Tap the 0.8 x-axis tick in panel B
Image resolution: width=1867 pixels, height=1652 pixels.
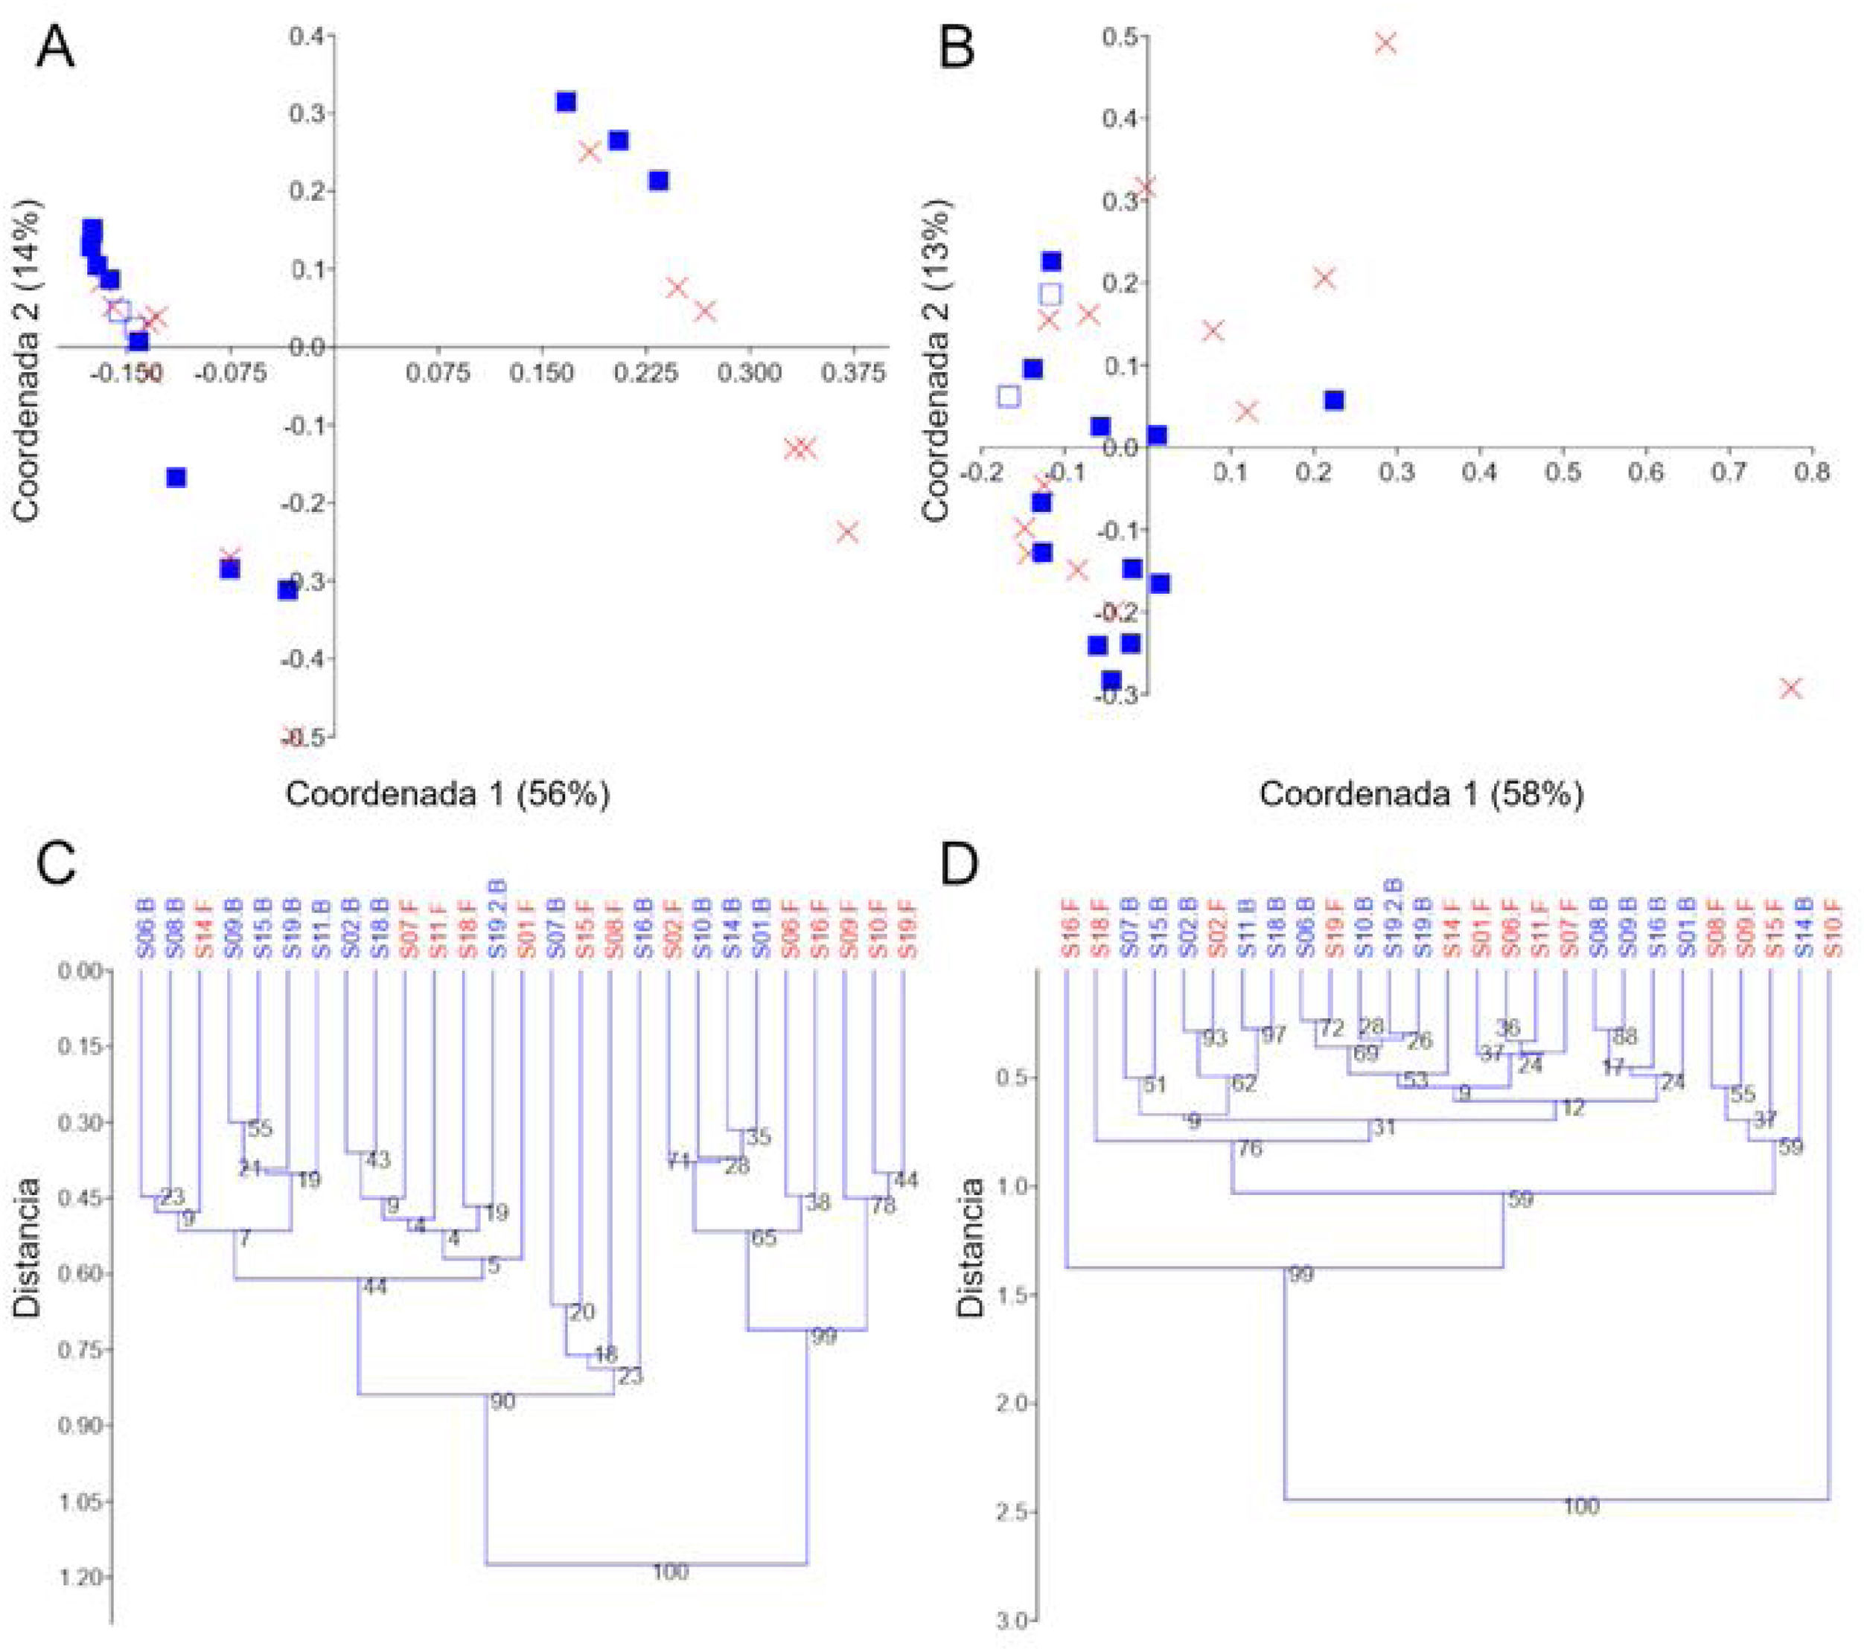(x=1811, y=472)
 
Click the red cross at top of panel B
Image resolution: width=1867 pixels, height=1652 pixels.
(x=1385, y=43)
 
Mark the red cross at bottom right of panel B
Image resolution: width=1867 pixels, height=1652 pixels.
(x=1791, y=688)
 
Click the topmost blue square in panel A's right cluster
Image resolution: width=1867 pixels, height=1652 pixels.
(x=567, y=101)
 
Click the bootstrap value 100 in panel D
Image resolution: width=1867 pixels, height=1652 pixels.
(x=1581, y=1507)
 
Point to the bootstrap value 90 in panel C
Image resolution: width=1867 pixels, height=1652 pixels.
(x=502, y=1402)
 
